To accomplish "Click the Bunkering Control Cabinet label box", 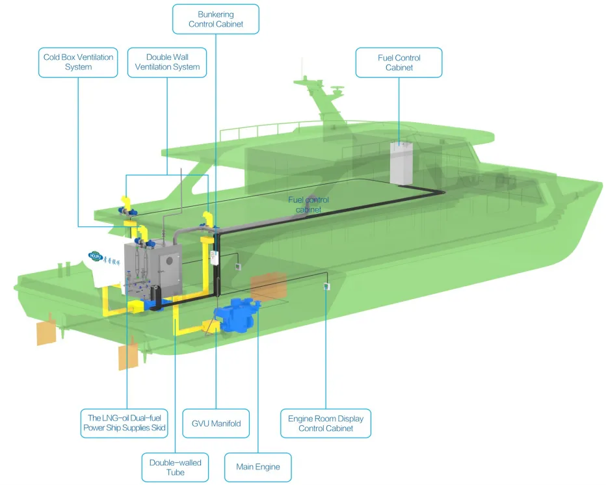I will pyautogui.click(x=216, y=19).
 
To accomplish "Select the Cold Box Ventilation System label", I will pyautogui.click(x=78, y=62).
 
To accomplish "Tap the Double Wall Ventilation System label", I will pyautogui.click(x=167, y=62).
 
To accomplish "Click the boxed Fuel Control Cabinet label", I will pyautogui.click(x=399, y=62).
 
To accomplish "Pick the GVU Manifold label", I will pyautogui.click(x=216, y=423).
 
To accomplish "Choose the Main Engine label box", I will pyautogui.click(x=258, y=467).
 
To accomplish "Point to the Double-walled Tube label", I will pyautogui.click(x=176, y=467).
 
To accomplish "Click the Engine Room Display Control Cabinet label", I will pyautogui.click(x=326, y=423).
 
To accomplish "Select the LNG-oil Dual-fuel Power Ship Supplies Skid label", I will pyautogui.click(x=125, y=423).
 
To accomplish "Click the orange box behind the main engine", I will pyautogui.click(x=269, y=286).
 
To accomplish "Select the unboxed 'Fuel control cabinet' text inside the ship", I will pyautogui.click(x=308, y=205).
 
